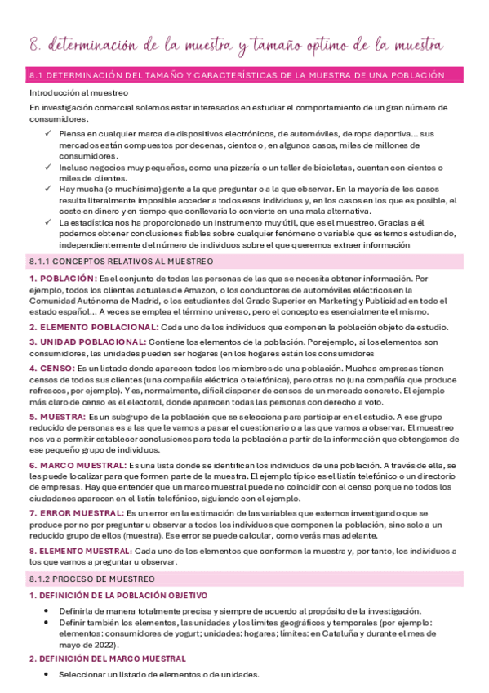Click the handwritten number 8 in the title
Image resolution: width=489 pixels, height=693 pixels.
point(33,44)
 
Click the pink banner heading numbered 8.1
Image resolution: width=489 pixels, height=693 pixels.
point(237,75)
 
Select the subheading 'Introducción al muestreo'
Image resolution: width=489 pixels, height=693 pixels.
point(69,93)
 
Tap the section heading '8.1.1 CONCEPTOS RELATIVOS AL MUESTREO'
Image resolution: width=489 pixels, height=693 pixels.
point(121,262)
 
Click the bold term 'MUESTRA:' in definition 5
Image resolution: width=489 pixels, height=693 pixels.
point(62,417)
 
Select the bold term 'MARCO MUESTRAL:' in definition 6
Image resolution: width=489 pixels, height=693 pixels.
point(79,464)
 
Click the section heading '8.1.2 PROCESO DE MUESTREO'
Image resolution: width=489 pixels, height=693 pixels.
point(97,579)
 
